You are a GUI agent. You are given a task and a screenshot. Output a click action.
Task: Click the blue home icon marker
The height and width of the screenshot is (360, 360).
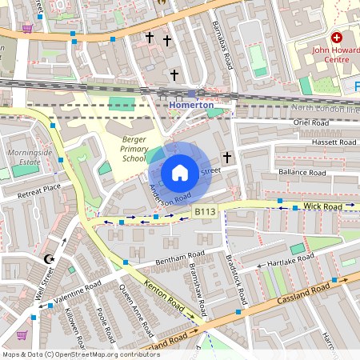(180, 172)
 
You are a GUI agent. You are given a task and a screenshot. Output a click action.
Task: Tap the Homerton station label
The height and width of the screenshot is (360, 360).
(190, 105)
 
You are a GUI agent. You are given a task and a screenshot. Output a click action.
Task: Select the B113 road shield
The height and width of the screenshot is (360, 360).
(206, 212)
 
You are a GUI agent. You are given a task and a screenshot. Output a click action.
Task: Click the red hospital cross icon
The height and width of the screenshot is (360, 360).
(336, 38)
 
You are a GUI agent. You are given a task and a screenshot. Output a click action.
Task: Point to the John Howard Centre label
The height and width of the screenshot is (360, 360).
(331, 54)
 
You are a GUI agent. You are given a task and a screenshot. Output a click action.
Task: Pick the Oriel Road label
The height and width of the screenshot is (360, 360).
(311, 123)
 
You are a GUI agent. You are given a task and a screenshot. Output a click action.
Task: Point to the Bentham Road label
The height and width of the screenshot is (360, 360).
(171, 259)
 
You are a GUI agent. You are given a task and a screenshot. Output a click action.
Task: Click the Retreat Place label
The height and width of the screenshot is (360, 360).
(39, 189)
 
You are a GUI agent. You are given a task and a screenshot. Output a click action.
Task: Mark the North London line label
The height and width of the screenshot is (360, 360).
(325, 107)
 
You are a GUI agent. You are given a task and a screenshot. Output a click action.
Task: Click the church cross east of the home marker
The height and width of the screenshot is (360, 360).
(226, 157)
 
